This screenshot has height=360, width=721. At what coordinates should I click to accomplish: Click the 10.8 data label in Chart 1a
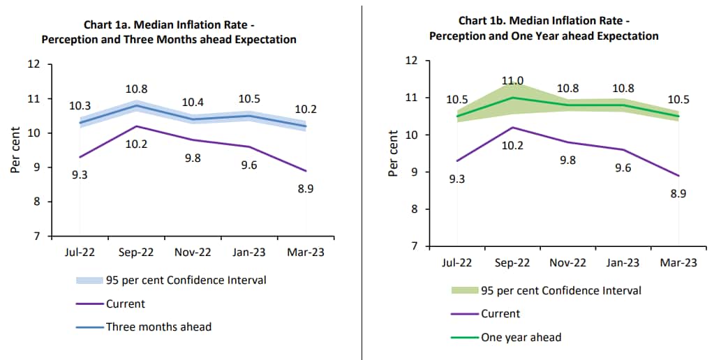point(137,90)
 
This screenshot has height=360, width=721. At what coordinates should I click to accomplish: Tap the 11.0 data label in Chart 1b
point(513,80)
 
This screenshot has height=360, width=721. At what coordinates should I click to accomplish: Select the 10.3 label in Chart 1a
point(80,106)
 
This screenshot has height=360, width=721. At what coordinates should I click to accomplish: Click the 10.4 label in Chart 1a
point(193,102)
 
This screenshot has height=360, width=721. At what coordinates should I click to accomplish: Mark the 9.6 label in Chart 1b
point(624,168)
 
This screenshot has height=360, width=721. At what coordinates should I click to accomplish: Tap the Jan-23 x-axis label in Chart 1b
point(623,262)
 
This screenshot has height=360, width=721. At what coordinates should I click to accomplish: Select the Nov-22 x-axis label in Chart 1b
point(568,262)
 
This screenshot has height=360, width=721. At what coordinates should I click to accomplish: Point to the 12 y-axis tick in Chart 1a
point(34,65)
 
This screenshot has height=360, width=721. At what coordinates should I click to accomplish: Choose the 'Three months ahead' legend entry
point(158,327)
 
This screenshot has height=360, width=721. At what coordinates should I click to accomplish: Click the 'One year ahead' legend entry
point(521,338)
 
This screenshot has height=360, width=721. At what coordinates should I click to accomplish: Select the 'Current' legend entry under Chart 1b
point(500,314)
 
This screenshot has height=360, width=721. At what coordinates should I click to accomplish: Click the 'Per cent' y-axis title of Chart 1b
point(394,153)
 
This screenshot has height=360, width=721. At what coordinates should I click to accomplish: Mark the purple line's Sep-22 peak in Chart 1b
point(512,128)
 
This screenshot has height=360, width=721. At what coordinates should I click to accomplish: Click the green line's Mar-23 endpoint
point(678,116)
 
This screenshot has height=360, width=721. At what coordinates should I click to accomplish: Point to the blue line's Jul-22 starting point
point(80,123)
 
